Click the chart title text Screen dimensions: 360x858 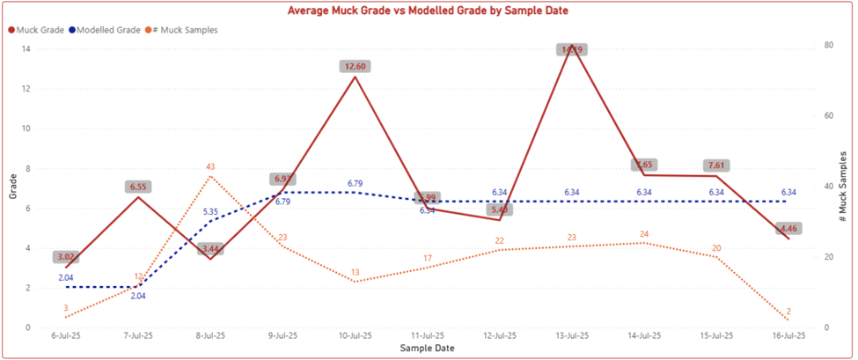[429, 11]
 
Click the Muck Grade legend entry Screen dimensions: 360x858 [40, 30]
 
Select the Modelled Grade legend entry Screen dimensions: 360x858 [108, 30]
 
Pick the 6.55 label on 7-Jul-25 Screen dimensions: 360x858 [138, 187]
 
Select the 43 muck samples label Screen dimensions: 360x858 [210, 166]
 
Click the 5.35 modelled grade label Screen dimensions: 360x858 [210, 211]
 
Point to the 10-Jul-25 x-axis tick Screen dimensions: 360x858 [355, 335]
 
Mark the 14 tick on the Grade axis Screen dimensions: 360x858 [26, 49]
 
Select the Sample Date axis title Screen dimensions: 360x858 [427, 348]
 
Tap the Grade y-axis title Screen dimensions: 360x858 [12, 188]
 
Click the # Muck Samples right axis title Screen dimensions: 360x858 [846, 188]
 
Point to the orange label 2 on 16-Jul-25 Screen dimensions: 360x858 [788, 311]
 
